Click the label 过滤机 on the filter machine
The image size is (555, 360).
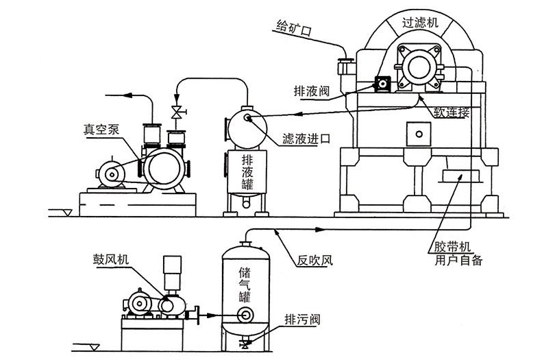coord(425,23)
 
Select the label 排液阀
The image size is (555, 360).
coord(307,89)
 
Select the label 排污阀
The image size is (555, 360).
coord(302,320)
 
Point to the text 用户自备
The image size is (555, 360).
coord(458,260)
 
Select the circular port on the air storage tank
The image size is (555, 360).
coord(243,315)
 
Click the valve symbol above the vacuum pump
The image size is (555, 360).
coord(176,112)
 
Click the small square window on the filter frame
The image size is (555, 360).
coord(416,131)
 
